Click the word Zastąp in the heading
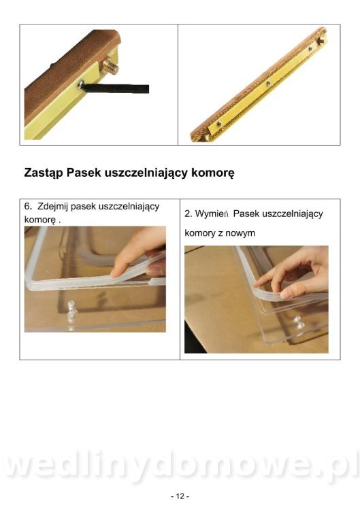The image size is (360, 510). pyautogui.click(x=44, y=173)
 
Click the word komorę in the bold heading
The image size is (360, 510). pyautogui.click(x=212, y=173)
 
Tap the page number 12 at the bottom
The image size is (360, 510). pyautogui.click(x=180, y=496)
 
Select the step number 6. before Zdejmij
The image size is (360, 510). pyautogui.click(x=28, y=206)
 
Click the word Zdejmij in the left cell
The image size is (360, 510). pyautogui.click(x=52, y=207)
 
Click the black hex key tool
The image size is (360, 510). pyautogui.click(x=116, y=88)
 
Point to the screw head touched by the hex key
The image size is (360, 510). pyautogui.click(x=80, y=85)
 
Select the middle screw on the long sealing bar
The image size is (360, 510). pyautogui.click(x=268, y=83)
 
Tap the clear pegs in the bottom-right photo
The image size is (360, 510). pyautogui.click(x=299, y=322)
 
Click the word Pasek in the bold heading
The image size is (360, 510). pyautogui.click(x=84, y=173)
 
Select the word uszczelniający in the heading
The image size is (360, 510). pyautogui.click(x=146, y=173)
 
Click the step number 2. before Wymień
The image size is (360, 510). pyautogui.click(x=188, y=214)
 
